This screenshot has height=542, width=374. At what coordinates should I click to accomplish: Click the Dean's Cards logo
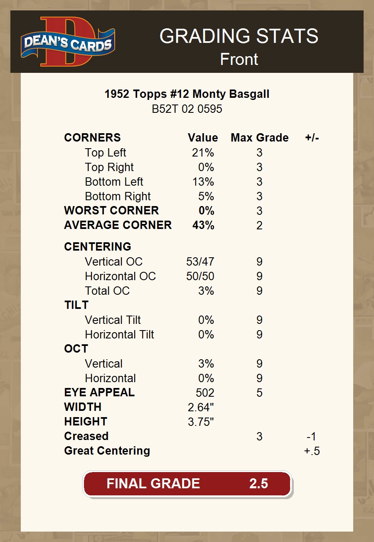[x=68, y=42]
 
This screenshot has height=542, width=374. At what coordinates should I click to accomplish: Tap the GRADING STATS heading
[x=239, y=36]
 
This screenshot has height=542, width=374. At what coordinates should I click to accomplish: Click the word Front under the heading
[x=239, y=59]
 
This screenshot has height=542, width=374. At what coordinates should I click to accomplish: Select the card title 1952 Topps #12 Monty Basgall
[x=187, y=94]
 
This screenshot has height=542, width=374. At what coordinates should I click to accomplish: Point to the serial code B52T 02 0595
[x=187, y=109]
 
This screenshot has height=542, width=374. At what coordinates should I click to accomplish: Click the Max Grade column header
[x=259, y=138]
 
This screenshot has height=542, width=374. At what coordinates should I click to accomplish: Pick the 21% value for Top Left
[x=203, y=153]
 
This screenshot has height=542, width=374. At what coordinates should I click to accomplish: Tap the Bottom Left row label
[x=114, y=182]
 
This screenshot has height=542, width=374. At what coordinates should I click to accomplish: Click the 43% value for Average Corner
[x=203, y=225]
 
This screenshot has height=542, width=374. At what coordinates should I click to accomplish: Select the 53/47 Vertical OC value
[x=200, y=262]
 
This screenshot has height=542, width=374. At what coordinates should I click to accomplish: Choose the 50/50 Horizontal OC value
[x=200, y=276]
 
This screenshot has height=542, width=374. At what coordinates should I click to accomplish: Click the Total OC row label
[x=107, y=291]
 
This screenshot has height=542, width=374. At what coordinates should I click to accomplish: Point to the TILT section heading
[x=76, y=305]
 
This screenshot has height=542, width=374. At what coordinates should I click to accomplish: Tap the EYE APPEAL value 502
[x=205, y=393]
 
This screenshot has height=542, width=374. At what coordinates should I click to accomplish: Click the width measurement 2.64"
[x=201, y=407]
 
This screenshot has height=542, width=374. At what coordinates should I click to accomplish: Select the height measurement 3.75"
[x=201, y=422]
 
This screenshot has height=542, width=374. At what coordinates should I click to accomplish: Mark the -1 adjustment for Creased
[x=312, y=436]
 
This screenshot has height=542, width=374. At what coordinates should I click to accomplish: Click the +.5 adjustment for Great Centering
[x=312, y=451]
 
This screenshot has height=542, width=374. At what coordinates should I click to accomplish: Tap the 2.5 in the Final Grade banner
[x=258, y=484]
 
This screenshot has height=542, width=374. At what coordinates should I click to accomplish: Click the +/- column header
[x=312, y=138]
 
